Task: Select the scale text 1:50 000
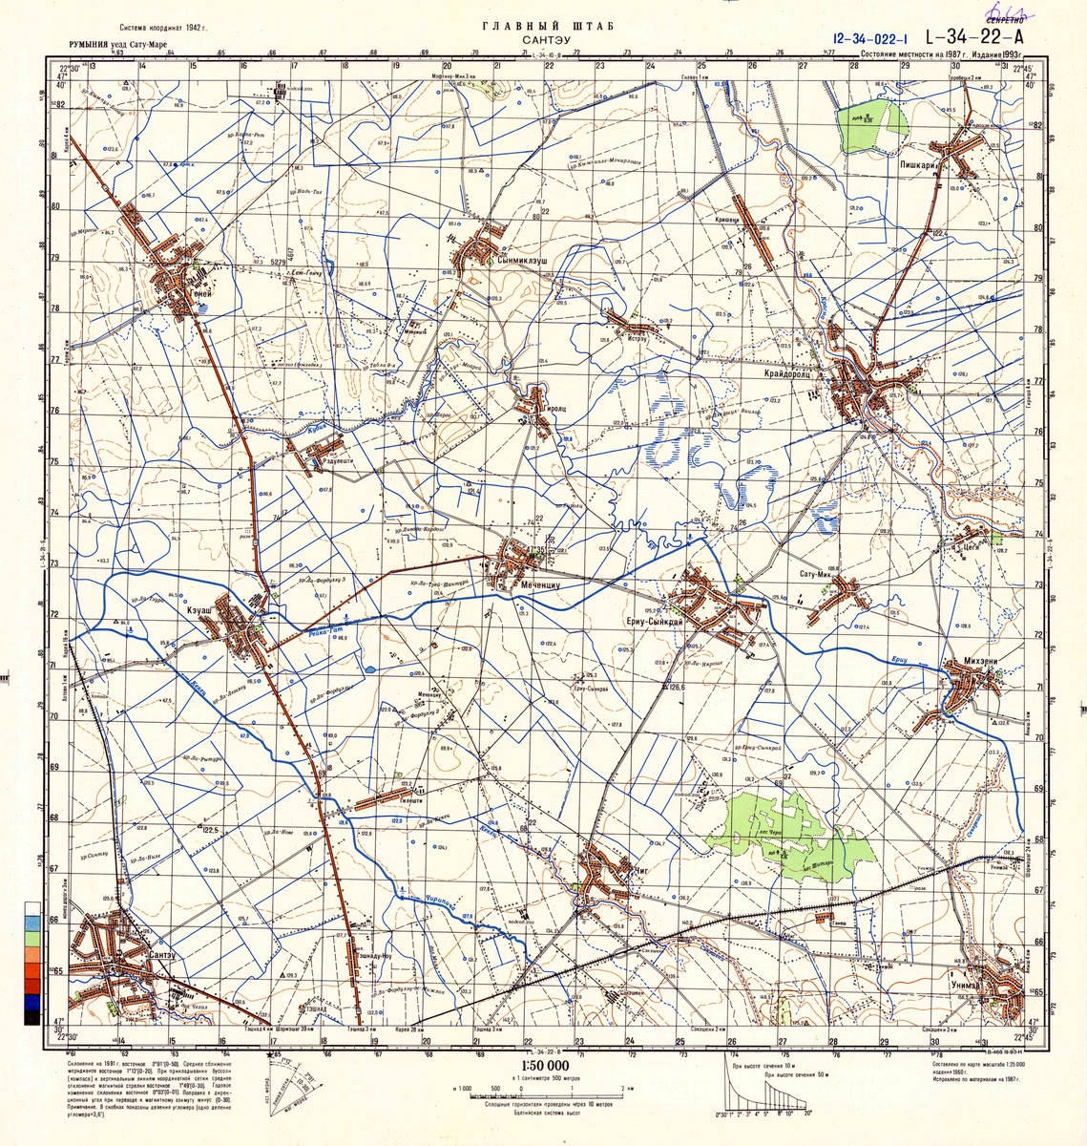[545, 1066]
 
